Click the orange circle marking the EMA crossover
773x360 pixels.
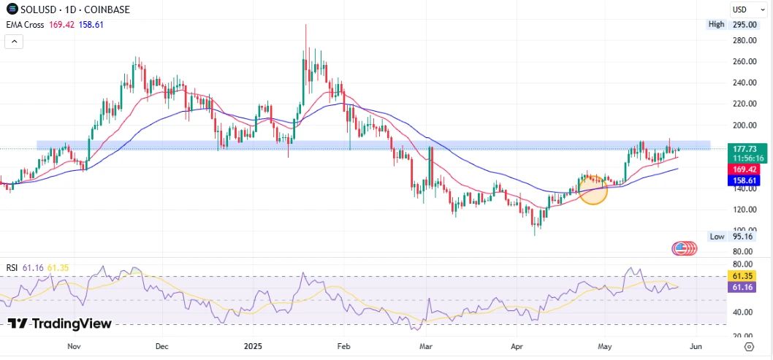[x=593, y=189]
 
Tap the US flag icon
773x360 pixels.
[x=685, y=248]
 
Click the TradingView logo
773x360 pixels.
[x=60, y=323]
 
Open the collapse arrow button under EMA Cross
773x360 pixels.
[x=13, y=42]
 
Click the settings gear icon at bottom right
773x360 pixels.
[x=749, y=346]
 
